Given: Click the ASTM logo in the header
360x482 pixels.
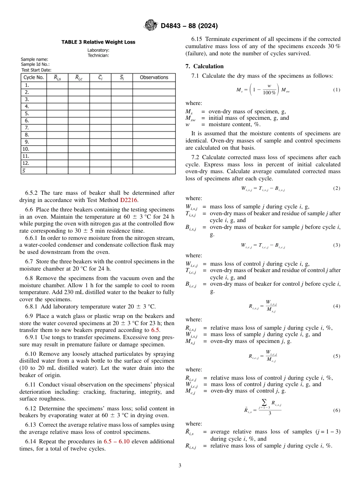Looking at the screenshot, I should point(151,26).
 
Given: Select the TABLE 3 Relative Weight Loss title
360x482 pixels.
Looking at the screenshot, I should point(98,42).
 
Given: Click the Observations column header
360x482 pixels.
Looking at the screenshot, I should point(154,77).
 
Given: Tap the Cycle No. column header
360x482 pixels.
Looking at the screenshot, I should point(34,77).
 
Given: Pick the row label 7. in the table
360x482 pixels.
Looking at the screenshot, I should point(27,128).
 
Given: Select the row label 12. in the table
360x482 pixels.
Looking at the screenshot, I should point(27,163).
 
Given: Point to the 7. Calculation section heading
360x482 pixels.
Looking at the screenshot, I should point(204,66).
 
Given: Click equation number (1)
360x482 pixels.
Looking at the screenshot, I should point(337,90).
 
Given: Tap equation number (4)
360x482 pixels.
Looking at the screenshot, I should point(337,306).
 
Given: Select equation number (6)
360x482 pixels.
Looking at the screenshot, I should point(337,410).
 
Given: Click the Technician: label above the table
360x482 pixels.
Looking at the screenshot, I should point(98,55).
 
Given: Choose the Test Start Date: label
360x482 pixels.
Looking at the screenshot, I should point(36,70).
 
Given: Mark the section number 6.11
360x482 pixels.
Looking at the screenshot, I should point(31,385).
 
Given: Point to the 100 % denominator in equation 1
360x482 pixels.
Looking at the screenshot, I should point(269,93).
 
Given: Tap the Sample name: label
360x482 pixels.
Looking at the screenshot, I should point(34,59).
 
